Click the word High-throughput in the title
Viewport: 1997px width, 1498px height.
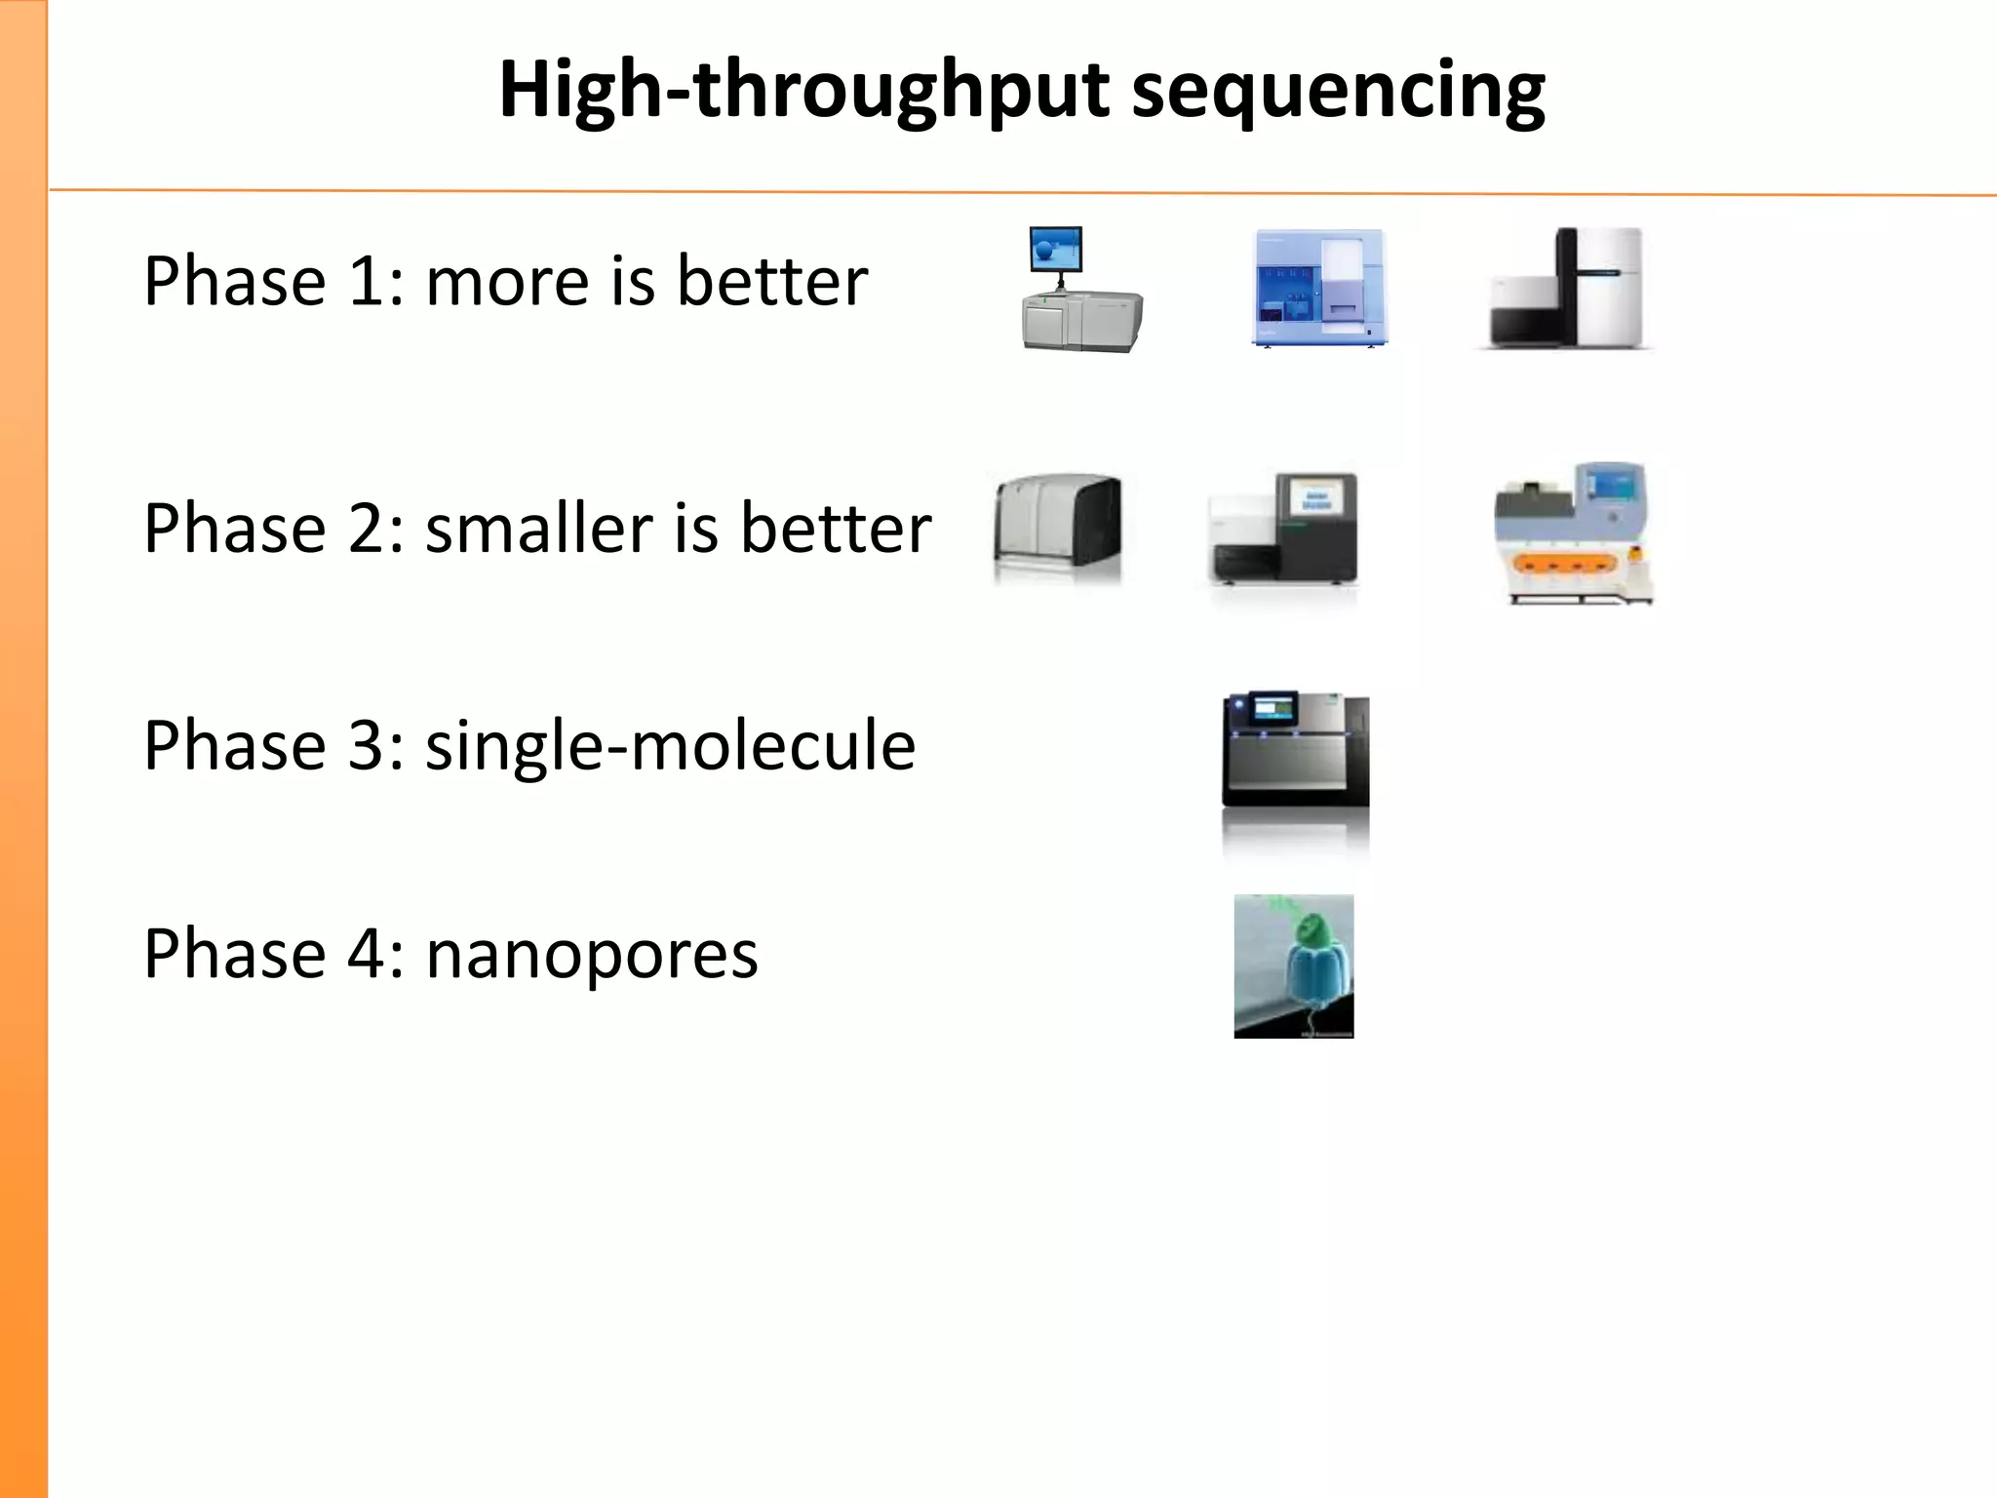click(x=803, y=90)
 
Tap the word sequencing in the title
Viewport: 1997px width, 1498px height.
click(x=1338, y=90)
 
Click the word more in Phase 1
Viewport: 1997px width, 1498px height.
click(x=507, y=283)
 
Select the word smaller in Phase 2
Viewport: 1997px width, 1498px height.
click(x=539, y=530)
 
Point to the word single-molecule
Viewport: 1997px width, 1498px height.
click(x=670, y=746)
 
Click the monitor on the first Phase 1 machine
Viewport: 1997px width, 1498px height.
click(x=1056, y=250)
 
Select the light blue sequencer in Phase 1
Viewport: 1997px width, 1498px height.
click(x=1318, y=289)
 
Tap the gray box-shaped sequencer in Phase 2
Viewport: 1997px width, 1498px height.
click(x=1057, y=529)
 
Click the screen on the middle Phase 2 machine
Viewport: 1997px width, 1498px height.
click(x=1315, y=502)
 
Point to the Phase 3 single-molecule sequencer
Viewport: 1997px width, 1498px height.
click(x=1295, y=751)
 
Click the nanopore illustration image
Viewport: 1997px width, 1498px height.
click(x=1293, y=966)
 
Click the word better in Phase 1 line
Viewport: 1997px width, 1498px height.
click(x=771, y=283)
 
